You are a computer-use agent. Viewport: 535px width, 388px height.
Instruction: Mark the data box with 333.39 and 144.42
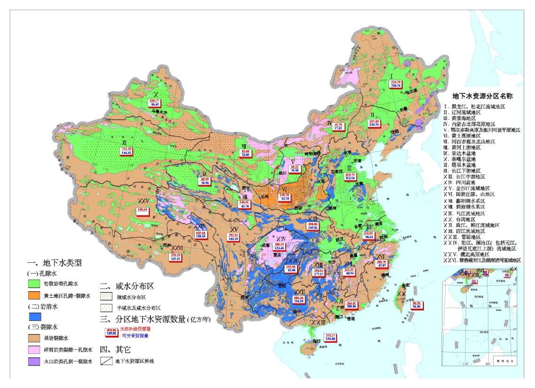[x=126, y=151]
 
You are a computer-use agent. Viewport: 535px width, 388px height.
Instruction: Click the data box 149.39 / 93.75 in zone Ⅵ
[x=284, y=197]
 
